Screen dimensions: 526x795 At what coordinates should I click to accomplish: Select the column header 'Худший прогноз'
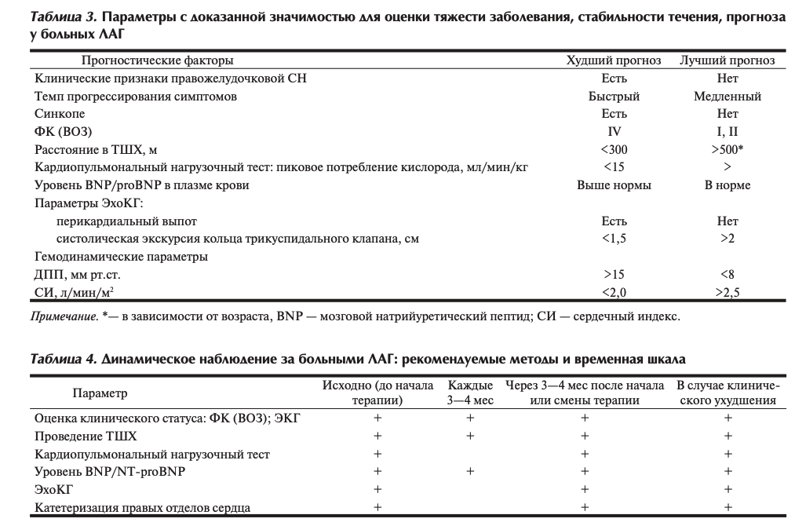tap(614, 60)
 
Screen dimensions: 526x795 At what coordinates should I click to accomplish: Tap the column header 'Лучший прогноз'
tap(728, 60)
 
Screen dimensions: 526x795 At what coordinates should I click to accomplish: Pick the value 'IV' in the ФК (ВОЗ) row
tap(614, 132)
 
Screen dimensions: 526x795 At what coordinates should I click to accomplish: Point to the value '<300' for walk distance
tap(614, 149)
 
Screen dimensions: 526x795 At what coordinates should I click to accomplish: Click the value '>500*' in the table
tap(728, 149)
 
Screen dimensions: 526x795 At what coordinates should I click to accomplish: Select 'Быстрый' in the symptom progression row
tap(614, 97)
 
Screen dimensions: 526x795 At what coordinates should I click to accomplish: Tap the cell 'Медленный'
tap(728, 97)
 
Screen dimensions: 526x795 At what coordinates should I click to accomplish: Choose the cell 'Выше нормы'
tap(614, 185)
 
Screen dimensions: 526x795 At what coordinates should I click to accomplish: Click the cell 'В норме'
tap(728, 185)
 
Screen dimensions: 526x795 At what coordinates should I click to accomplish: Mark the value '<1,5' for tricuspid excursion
tap(614, 239)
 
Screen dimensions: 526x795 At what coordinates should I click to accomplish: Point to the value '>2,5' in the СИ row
tap(728, 293)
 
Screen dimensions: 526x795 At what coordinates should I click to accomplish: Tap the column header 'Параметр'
tap(100, 393)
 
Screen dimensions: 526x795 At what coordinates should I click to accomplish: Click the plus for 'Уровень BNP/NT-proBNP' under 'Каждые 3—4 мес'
tap(470, 472)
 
